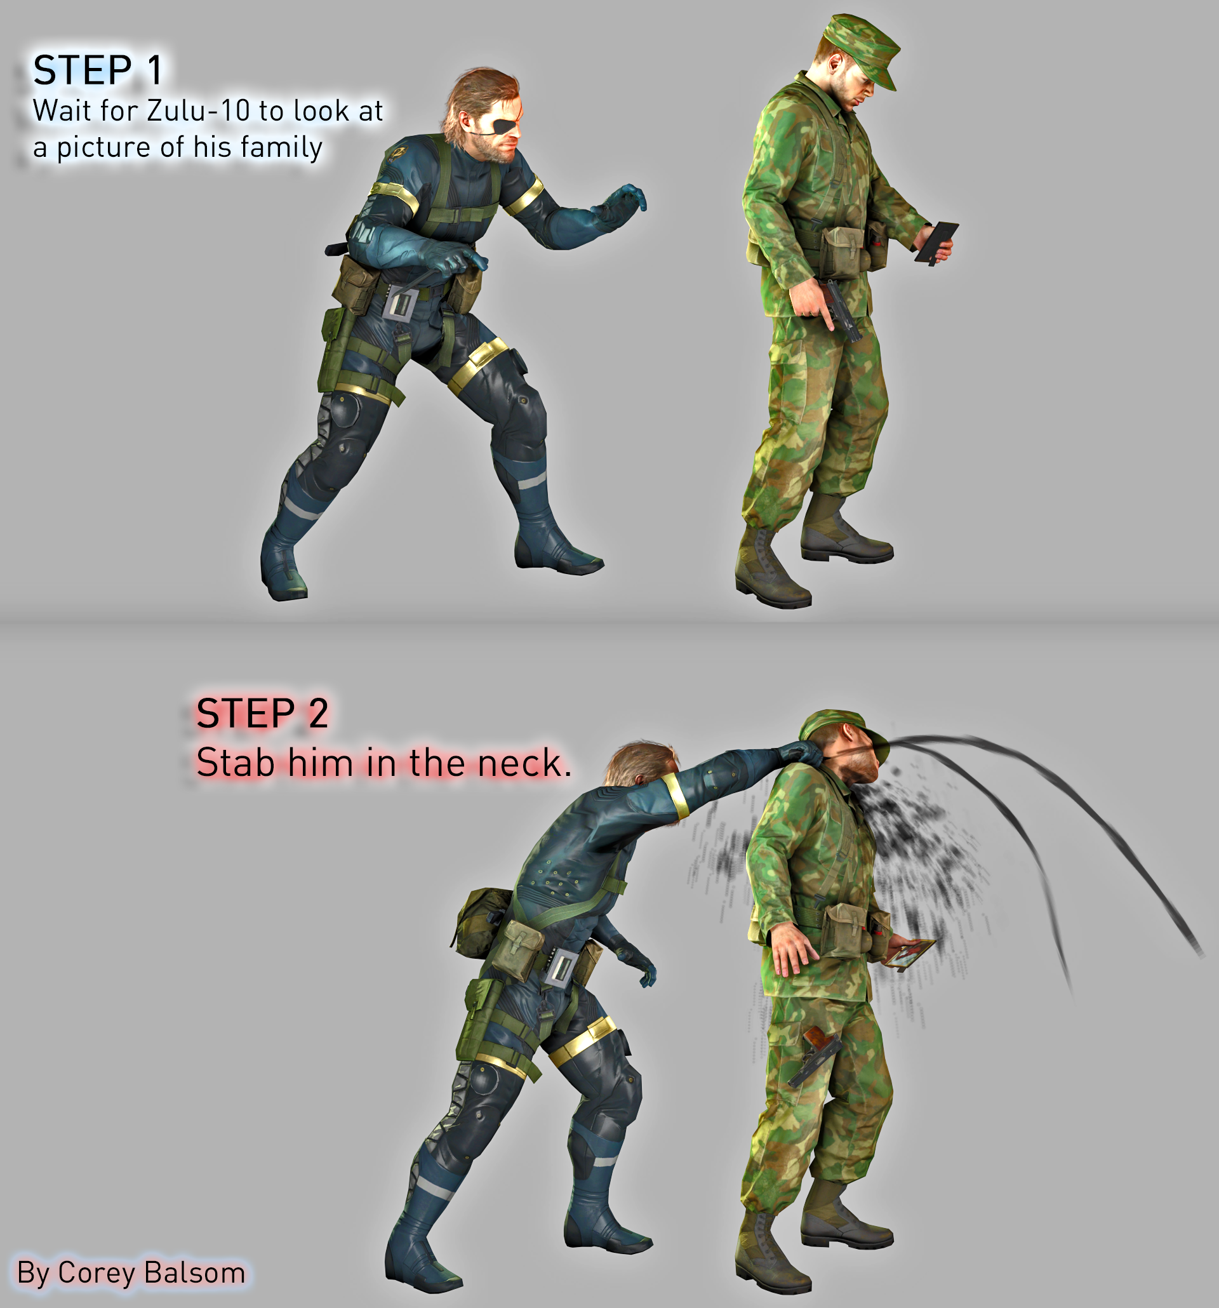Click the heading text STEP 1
(x=97, y=71)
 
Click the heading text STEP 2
(x=262, y=713)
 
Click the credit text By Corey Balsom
(x=131, y=1272)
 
